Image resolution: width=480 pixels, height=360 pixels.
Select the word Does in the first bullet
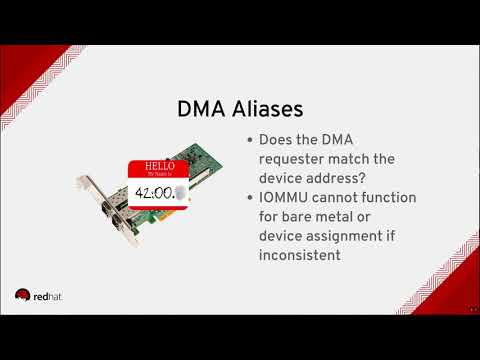[x=277, y=140]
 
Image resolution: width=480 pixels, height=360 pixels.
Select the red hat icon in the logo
[x=22, y=294]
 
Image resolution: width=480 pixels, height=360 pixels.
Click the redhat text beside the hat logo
[x=48, y=295]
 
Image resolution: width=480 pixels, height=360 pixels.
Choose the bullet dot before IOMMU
[x=248, y=198]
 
